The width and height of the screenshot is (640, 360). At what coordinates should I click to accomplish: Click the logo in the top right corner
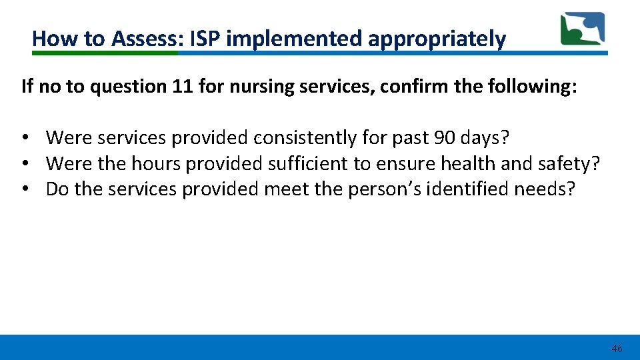[582, 29]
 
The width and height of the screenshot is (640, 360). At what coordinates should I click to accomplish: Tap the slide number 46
[617, 349]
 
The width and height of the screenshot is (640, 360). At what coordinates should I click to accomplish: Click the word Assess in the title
[144, 39]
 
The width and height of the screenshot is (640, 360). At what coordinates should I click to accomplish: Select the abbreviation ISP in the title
[206, 39]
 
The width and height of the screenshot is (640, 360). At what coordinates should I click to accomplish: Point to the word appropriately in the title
[437, 39]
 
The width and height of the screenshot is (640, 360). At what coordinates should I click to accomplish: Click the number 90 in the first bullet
[444, 138]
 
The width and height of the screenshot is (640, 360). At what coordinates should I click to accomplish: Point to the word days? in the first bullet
[485, 138]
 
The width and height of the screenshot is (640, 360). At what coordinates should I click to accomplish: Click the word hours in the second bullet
[156, 163]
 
